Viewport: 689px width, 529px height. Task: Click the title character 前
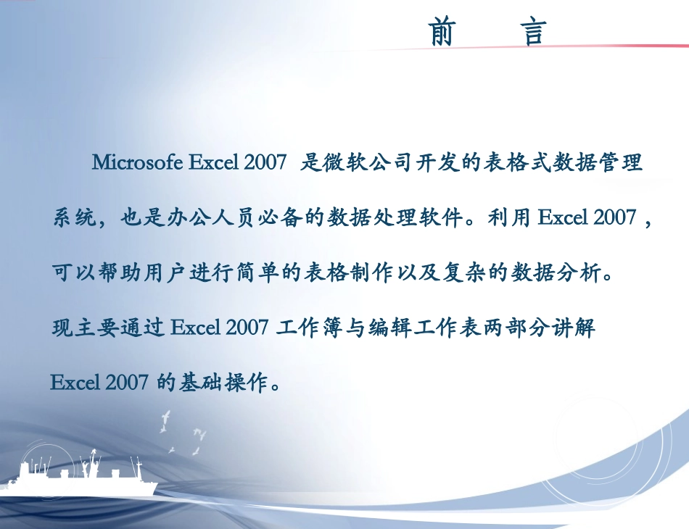click(x=442, y=33)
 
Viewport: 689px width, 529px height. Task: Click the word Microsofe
click(x=137, y=162)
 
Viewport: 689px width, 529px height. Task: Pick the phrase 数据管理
click(x=598, y=162)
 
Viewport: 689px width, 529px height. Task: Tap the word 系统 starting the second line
click(x=73, y=217)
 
